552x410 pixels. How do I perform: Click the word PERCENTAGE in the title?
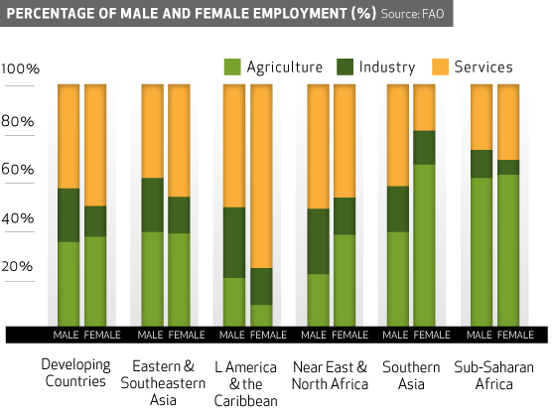(x=49, y=13)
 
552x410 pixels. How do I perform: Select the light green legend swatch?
(x=232, y=67)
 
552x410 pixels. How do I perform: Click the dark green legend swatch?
(x=345, y=67)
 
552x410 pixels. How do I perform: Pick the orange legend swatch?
(x=440, y=67)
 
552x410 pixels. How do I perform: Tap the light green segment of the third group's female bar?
(x=261, y=316)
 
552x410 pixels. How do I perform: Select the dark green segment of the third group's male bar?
(x=233, y=242)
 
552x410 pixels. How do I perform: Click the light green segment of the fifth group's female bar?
(x=424, y=245)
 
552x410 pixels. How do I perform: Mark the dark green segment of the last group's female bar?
(x=508, y=167)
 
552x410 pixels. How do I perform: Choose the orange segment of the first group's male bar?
(x=69, y=136)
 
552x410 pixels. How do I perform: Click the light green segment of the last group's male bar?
(x=482, y=252)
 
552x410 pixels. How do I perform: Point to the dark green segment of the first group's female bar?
(x=95, y=221)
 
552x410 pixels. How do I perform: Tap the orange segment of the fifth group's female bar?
(x=424, y=107)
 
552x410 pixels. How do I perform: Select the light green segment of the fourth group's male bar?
(x=318, y=300)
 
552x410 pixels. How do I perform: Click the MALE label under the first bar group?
(x=67, y=336)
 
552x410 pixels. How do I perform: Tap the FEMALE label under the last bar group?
(x=515, y=336)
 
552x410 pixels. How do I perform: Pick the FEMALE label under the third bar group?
(x=268, y=336)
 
